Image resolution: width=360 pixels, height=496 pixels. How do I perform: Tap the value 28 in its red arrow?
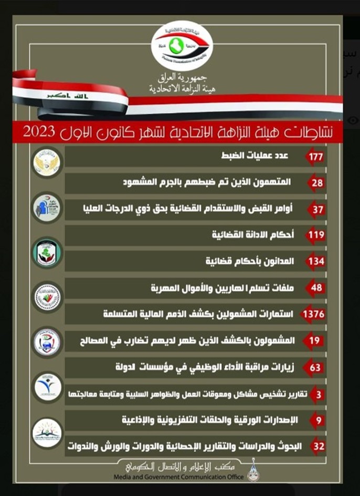pyautogui.click(x=317, y=183)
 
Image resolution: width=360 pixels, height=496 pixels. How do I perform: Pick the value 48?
pyautogui.click(x=317, y=288)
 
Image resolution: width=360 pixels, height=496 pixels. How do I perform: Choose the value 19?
pyautogui.click(x=317, y=341)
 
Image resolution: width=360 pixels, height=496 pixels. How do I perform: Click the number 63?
pyautogui.click(x=316, y=367)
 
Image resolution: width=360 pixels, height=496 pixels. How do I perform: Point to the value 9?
pyautogui.click(x=318, y=420)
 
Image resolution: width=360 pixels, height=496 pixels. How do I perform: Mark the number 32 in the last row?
pyautogui.click(x=317, y=447)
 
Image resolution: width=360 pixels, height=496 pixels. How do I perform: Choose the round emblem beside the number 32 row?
pyautogui.click(x=47, y=433)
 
